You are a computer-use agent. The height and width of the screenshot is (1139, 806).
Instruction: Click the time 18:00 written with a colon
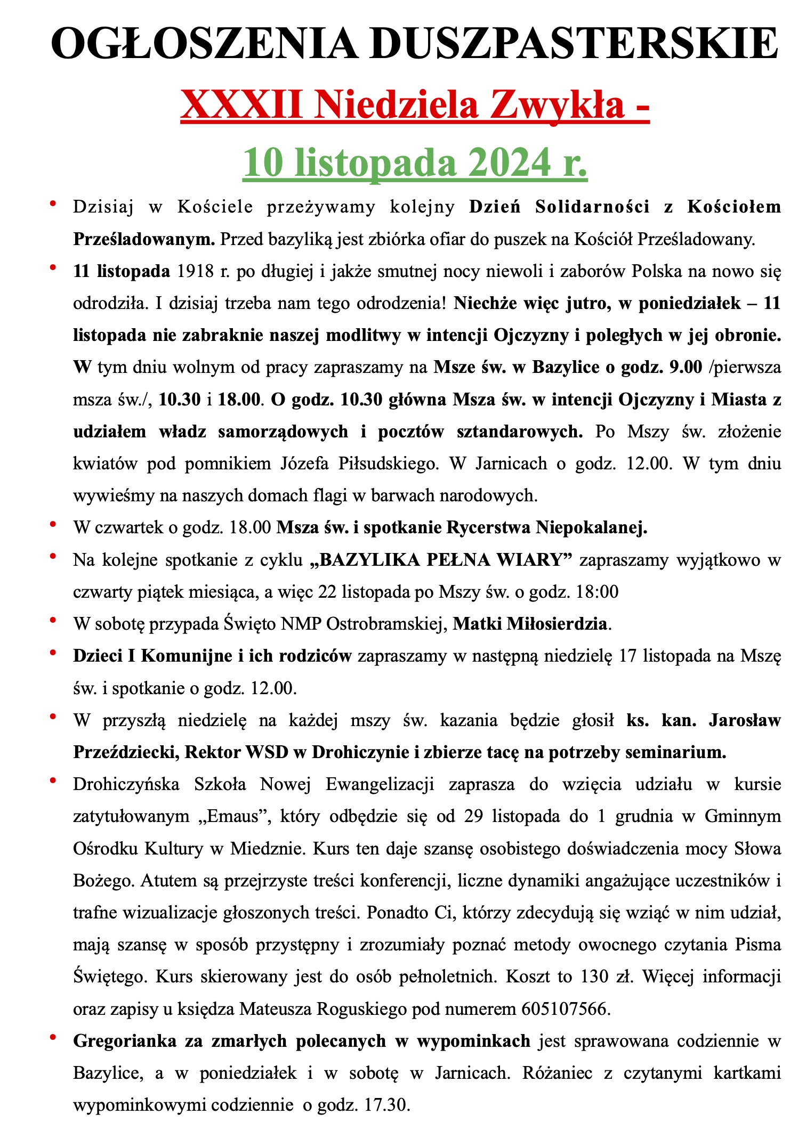[x=598, y=592]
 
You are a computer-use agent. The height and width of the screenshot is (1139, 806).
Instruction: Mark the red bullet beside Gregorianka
[x=53, y=1037]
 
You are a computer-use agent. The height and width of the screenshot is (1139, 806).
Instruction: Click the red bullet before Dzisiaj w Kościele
[x=53, y=204]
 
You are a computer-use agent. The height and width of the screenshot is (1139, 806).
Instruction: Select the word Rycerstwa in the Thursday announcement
[x=489, y=527]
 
